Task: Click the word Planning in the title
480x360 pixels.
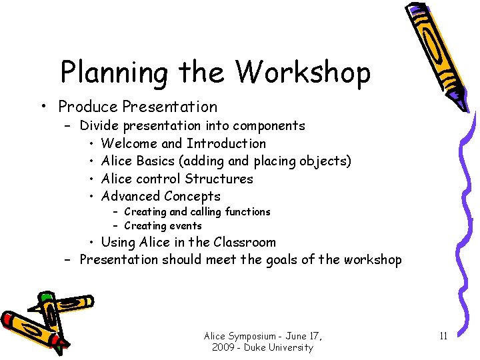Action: [113, 73]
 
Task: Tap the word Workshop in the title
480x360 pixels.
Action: [303, 73]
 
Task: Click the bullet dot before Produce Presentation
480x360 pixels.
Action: [43, 107]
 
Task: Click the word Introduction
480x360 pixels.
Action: [226, 143]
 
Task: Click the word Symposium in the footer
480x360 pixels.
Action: [255, 335]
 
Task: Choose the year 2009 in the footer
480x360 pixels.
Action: [225, 347]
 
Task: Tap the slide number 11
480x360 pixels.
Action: [443, 335]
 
